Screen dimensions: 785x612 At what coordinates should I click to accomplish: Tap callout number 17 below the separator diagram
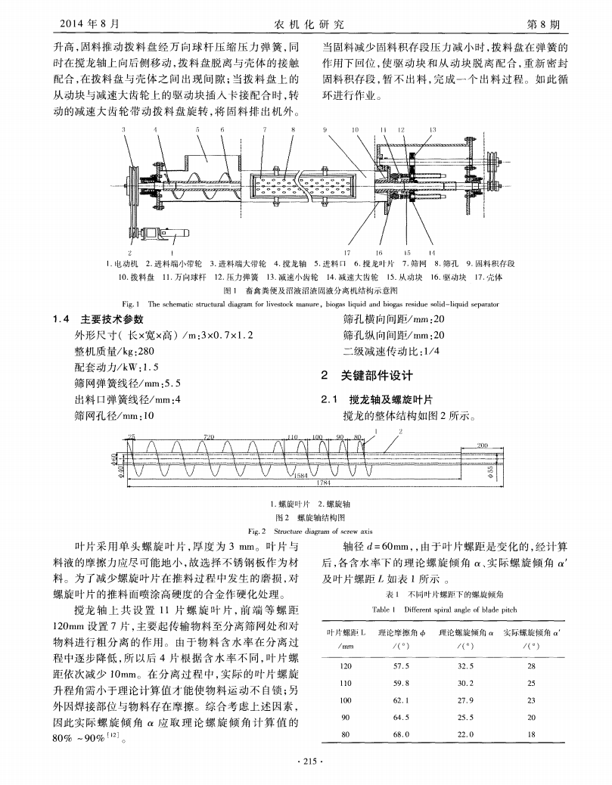(347, 253)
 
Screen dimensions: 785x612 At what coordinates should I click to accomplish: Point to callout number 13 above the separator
(432, 130)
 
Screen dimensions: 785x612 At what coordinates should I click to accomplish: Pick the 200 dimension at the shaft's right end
(482, 445)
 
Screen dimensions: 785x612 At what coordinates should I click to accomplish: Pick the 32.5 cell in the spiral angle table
(466, 666)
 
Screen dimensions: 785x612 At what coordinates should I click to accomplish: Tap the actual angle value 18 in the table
(531, 734)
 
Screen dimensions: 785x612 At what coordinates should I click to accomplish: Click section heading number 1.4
(63, 318)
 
